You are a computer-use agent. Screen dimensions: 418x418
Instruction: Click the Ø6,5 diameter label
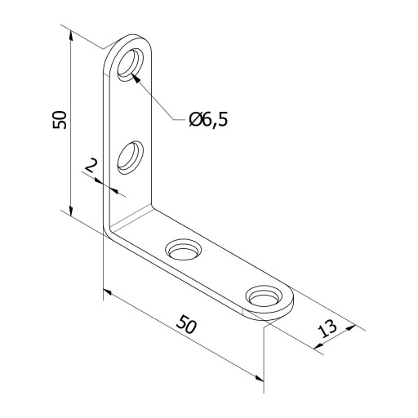point(208,120)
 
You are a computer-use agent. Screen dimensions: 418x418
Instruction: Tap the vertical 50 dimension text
point(60,120)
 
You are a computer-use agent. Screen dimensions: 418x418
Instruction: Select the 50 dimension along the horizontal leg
point(186,324)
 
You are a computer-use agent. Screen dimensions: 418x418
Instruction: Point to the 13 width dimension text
point(327,328)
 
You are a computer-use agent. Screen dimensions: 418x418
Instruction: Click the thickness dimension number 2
point(91,166)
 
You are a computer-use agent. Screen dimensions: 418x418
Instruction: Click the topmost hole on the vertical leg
point(131,64)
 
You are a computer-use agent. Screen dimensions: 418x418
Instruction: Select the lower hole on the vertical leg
point(131,158)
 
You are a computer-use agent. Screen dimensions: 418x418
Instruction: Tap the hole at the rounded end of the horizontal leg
point(264,298)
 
